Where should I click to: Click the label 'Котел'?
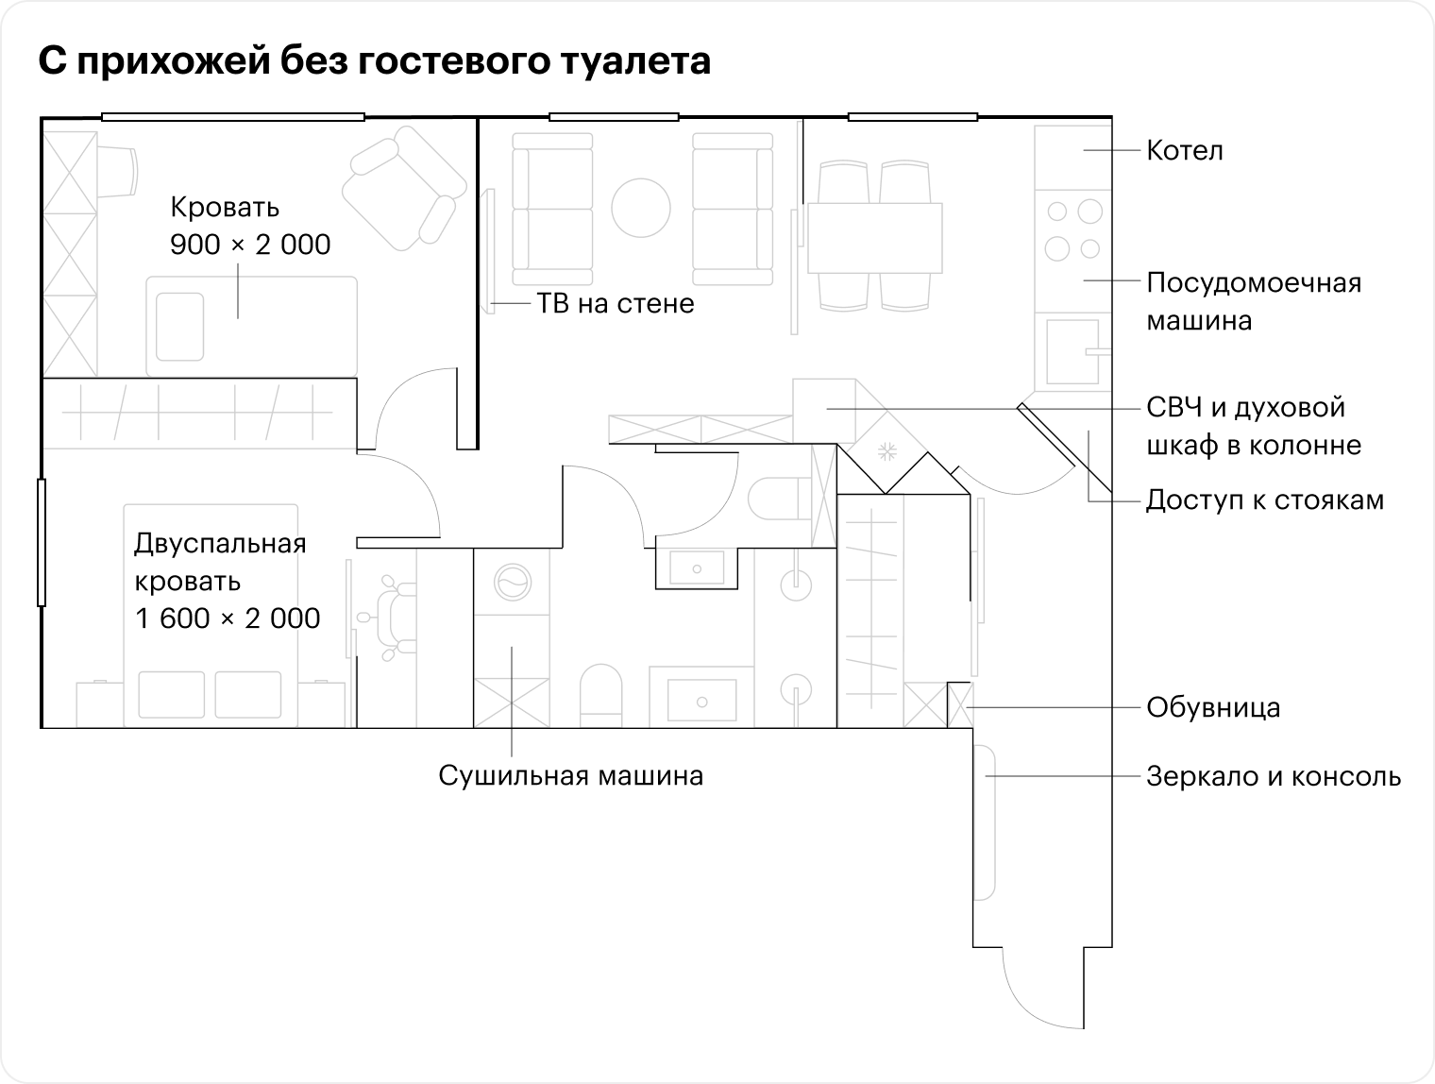coord(1184,151)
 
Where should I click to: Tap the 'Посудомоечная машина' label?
coord(1254,301)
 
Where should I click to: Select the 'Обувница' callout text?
coord(1213,707)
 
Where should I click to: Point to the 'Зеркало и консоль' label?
coord(1274,776)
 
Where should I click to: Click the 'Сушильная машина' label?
coord(571,775)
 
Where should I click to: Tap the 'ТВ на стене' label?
coord(616,303)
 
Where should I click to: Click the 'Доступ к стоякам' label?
coord(1265,500)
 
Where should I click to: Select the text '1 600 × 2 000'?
coord(228,618)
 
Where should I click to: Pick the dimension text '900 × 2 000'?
coord(250,245)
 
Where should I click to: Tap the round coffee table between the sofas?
coord(641,208)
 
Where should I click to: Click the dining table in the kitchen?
coord(875,238)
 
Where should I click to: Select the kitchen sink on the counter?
coord(1072,351)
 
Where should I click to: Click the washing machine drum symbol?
coord(513,582)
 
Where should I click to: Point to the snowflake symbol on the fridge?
coord(887,451)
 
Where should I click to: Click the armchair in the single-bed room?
coord(404,188)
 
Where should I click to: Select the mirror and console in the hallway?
coord(984,822)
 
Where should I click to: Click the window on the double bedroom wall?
coord(42,543)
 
